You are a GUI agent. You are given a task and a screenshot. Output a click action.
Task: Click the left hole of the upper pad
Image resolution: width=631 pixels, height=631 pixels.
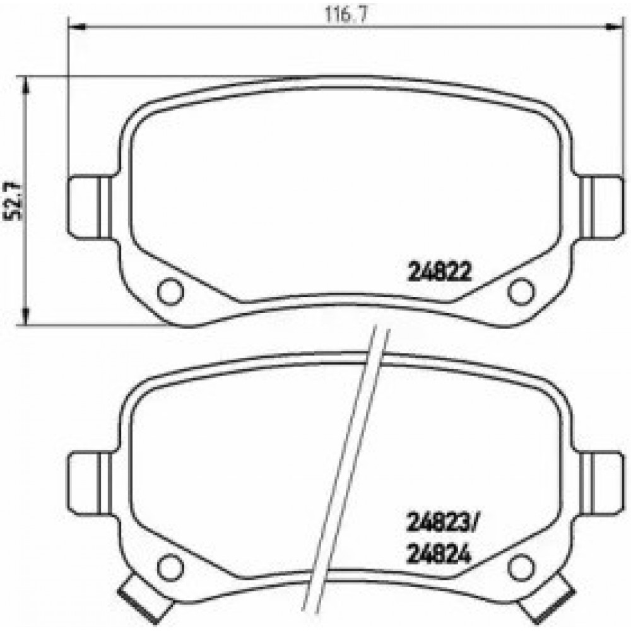(170, 292)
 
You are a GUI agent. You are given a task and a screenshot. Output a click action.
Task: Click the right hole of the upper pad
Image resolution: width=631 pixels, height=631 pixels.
(521, 292)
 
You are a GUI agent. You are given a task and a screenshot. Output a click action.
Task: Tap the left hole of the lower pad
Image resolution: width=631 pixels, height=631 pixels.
(170, 565)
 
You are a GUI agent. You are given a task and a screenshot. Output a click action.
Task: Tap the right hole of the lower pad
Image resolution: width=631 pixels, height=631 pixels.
(521, 565)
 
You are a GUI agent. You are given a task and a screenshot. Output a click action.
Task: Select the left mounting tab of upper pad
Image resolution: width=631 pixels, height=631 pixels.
(88, 208)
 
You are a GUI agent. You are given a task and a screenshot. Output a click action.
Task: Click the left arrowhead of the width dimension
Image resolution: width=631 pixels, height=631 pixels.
(75, 26)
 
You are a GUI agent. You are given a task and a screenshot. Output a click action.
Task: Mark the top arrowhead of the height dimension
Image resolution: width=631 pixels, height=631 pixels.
(25, 85)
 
